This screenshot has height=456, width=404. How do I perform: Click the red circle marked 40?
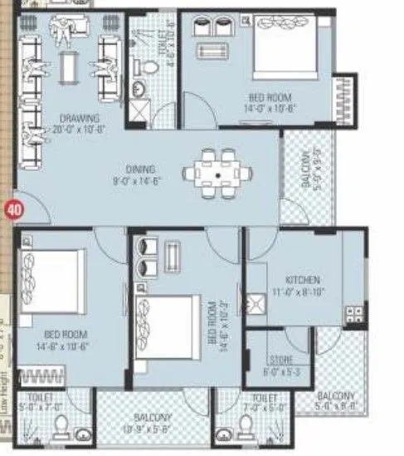12,210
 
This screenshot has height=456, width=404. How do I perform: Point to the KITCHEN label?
301,281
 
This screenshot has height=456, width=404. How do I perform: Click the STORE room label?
276,361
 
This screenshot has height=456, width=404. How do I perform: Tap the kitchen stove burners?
354,313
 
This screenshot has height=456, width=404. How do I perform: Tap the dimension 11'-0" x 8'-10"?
302,292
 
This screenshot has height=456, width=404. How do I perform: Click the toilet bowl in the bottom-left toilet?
59,429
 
